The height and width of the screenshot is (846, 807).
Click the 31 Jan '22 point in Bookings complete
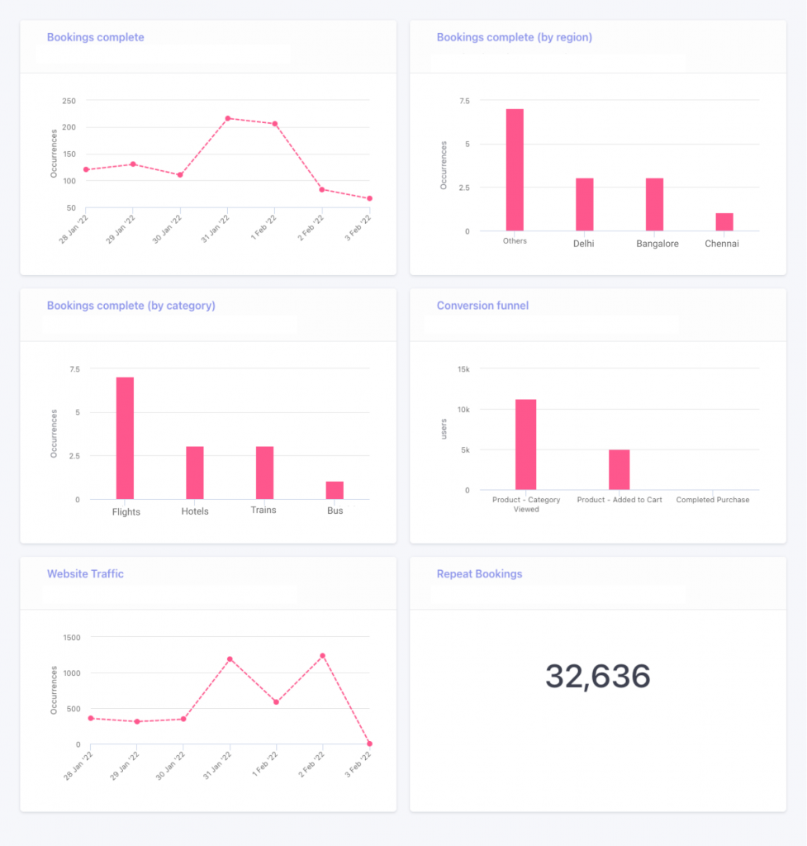pos(228,118)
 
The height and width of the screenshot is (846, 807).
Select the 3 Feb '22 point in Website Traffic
pos(369,744)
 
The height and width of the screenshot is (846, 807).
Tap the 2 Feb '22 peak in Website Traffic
pos(322,656)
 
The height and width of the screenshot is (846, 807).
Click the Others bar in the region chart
pos(515,170)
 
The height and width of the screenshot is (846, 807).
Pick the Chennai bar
pos(724,221)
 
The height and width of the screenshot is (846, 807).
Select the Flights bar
pos(125,438)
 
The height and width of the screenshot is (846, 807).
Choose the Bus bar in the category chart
pos(335,490)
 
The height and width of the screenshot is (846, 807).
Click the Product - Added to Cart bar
pos(619,469)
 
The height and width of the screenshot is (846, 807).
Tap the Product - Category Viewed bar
pos(526,444)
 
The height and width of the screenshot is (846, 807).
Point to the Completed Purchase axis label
pos(713,500)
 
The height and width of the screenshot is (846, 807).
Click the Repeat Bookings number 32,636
pos(597,677)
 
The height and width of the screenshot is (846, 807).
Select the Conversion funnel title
pos(482,306)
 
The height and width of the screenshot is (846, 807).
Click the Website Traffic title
pos(85,574)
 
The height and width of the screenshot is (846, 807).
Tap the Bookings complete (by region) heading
pos(514,37)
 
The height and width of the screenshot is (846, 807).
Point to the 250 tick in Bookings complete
pos(69,101)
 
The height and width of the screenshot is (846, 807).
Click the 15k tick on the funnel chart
pos(463,369)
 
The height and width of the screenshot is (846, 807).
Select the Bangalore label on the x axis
pos(657,244)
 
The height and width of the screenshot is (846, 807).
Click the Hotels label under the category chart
pos(195,511)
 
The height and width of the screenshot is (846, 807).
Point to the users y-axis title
pos(444,428)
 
